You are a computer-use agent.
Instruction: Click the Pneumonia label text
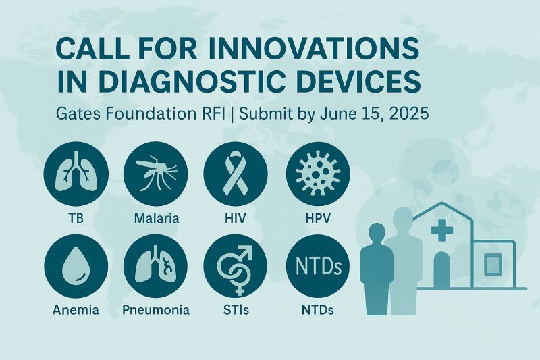[x=156, y=311]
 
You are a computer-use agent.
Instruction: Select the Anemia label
[x=75, y=311]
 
